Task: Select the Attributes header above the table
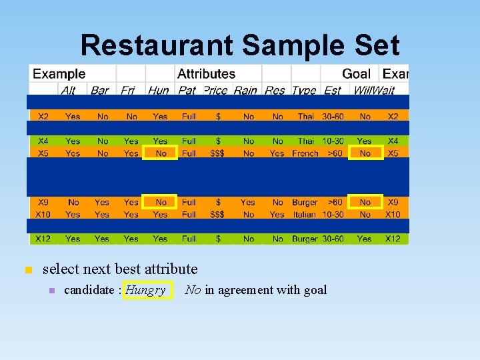(206, 74)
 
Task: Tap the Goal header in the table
(357, 74)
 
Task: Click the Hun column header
(159, 90)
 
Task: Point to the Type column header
(304, 90)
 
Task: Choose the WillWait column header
(373, 90)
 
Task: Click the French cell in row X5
(305, 153)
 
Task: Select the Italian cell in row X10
(305, 215)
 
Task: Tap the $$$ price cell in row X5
(217, 153)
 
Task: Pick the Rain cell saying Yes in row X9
(247, 202)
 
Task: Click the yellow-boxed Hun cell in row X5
(161, 153)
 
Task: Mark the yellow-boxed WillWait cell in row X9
(365, 202)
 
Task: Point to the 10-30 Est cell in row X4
(333, 141)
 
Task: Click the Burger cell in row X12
(305, 239)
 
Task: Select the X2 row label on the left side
(43, 117)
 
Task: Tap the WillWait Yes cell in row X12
(365, 239)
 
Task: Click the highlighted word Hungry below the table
(145, 290)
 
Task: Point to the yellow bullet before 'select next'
(27, 270)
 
